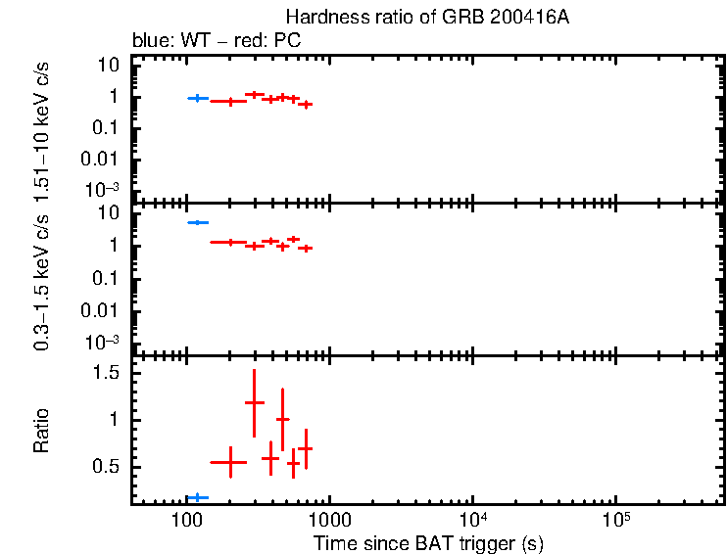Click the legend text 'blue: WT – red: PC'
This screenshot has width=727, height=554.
(x=216, y=41)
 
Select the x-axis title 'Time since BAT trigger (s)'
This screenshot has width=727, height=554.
(x=428, y=541)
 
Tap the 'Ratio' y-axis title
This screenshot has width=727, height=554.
(x=42, y=431)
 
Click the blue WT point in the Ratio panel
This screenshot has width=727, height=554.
(x=197, y=497)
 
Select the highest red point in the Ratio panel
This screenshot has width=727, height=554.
(x=255, y=402)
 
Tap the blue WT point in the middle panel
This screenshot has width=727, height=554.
(x=197, y=223)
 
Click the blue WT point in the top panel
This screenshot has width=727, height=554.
(x=197, y=98)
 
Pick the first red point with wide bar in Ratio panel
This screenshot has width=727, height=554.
(x=229, y=461)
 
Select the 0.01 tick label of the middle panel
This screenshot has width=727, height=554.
(x=102, y=310)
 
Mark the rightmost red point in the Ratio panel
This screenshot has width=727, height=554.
(x=306, y=448)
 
